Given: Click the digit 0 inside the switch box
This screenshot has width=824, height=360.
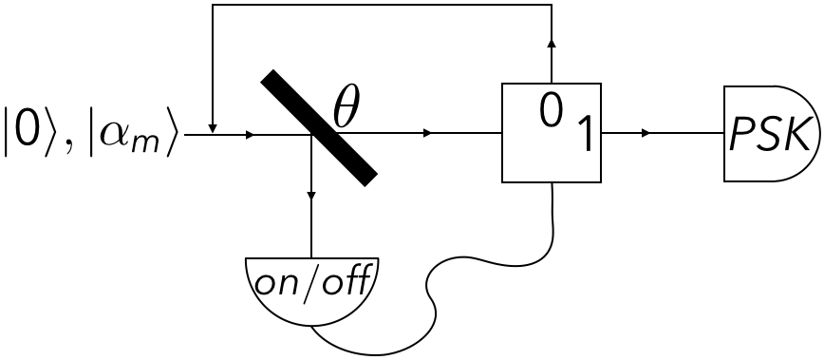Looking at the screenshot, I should [551, 111].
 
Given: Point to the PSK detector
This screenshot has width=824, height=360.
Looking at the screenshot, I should [773, 134].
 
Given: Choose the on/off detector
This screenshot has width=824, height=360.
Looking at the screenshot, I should [311, 286].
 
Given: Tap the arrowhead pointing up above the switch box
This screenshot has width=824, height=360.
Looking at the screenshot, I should [552, 44].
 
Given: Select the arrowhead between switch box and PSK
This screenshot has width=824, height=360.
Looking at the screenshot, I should [646, 134].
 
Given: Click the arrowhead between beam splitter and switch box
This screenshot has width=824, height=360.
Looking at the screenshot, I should [428, 134].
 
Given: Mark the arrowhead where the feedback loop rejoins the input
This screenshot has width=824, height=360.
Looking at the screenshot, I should [213, 128].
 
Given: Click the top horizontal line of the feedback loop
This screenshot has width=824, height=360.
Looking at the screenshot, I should [380, 6].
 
